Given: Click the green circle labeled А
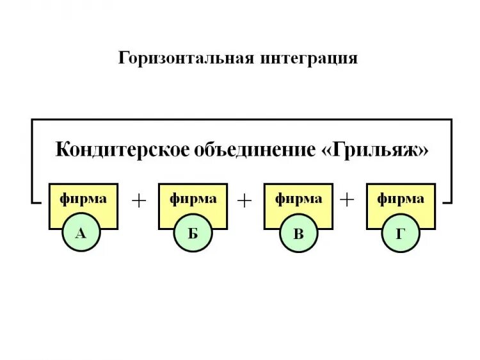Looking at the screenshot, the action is click(x=81, y=233).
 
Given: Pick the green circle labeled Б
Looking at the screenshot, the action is click(x=193, y=233).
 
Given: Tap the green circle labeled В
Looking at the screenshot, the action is click(x=298, y=233).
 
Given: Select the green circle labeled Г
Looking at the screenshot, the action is click(x=401, y=233).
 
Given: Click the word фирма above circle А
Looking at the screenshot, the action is click(x=83, y=199).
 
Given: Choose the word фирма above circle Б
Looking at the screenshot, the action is click(x=193, y=199).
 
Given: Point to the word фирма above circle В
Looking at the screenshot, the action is click(x=298, y=199).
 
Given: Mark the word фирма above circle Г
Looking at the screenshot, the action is click(x=401, y=199).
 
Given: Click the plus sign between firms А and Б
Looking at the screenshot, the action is click(x=139, y=200).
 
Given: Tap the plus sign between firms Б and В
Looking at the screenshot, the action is click(x=244, y=200).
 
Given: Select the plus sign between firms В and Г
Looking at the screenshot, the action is click(x=347, y=200).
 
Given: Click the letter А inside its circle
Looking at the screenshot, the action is click(x=81, y=233).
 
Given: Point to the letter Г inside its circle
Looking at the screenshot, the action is click(x=401, y=233).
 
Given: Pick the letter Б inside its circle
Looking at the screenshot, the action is click(x=193, y=233).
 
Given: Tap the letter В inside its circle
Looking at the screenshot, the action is click(x=298, y=233).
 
